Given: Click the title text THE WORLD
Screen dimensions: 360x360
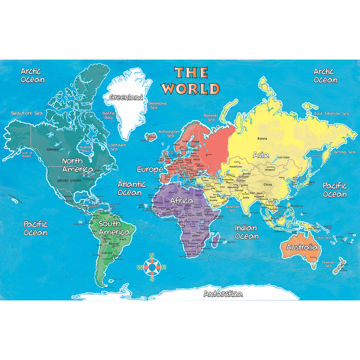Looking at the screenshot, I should click(191, 80).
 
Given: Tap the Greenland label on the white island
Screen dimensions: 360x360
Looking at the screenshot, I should click(126, 97).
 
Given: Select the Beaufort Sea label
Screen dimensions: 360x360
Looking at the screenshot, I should click(27, 113).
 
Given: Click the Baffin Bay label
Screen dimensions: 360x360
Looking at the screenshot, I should click(109, 115).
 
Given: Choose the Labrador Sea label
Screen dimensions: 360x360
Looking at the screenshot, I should click(117, 147).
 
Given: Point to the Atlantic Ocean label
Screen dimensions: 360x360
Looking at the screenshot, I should click(131, 188).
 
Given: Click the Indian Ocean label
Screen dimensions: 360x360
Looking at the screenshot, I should click(246, 232).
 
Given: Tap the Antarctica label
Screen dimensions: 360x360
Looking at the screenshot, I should click(223, 294).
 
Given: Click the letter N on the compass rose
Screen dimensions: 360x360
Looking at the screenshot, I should click(152, 256).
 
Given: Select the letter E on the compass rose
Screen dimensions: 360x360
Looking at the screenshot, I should click(164, 267).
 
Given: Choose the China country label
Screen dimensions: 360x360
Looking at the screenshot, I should click(268, 184).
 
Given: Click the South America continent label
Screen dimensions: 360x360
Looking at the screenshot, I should click(114, 228).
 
